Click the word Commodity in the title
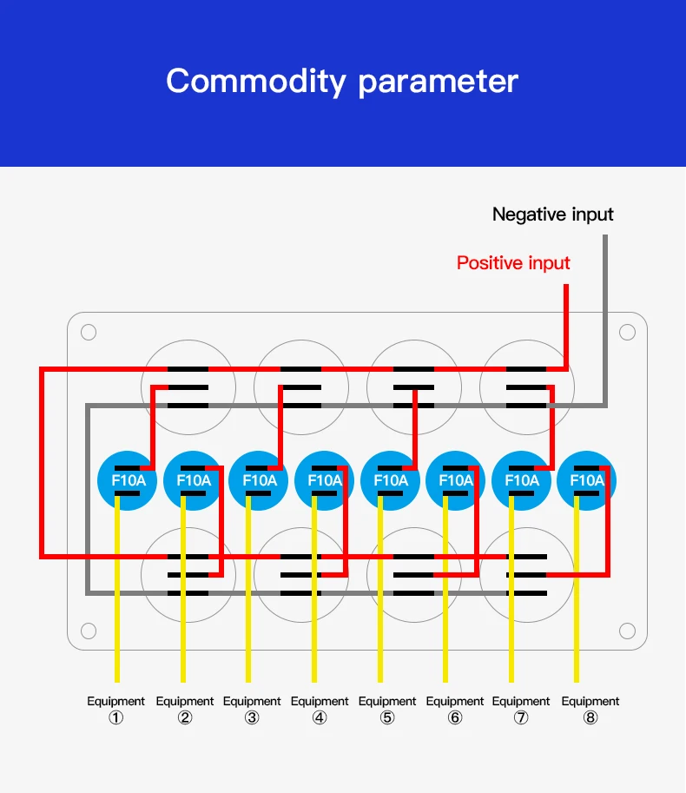point(256,82)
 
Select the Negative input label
point(552,215)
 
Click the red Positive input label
point(513,263)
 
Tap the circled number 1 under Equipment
point(116,718)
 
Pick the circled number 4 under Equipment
point(320,718)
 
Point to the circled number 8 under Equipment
point(590,718)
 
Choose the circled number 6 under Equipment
point(455,718)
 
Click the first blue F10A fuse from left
point(128,480)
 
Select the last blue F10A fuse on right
point(586,480)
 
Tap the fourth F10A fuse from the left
point(324,480)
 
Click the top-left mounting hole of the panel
point(89,332)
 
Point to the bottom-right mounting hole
point(627,631)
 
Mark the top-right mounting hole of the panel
point(627,332)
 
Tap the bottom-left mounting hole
point(89,631)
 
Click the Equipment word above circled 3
point(252,701)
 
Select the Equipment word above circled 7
point(521,701)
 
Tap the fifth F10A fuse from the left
point(390,480)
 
